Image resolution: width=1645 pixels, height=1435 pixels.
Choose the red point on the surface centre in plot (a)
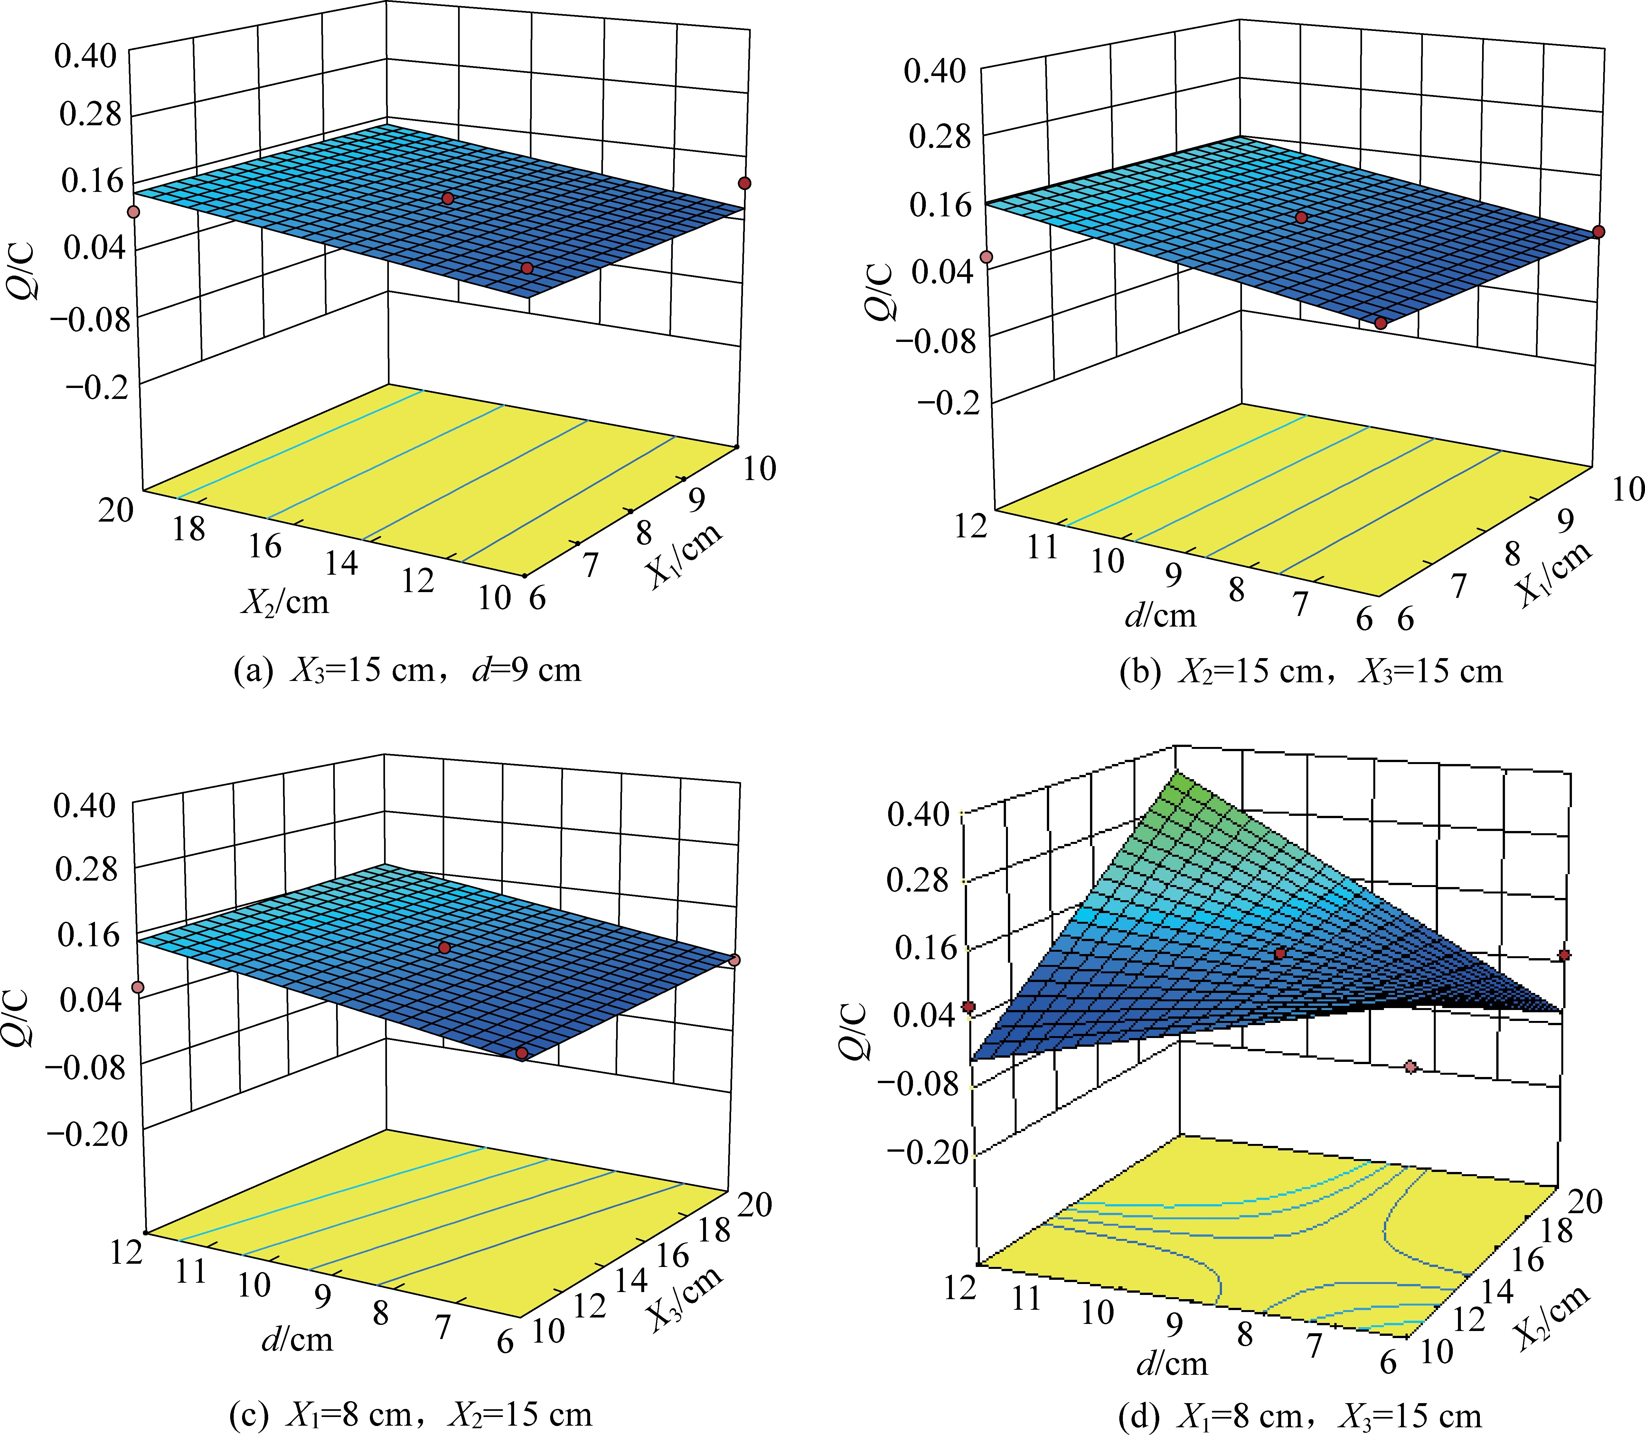(448, 198)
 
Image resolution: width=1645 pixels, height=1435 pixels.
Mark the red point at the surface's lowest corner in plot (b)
(1381, 323)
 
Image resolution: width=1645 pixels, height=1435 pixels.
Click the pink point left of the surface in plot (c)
(138, 987)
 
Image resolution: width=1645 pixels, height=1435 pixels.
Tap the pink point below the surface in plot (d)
(1410, 1067)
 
